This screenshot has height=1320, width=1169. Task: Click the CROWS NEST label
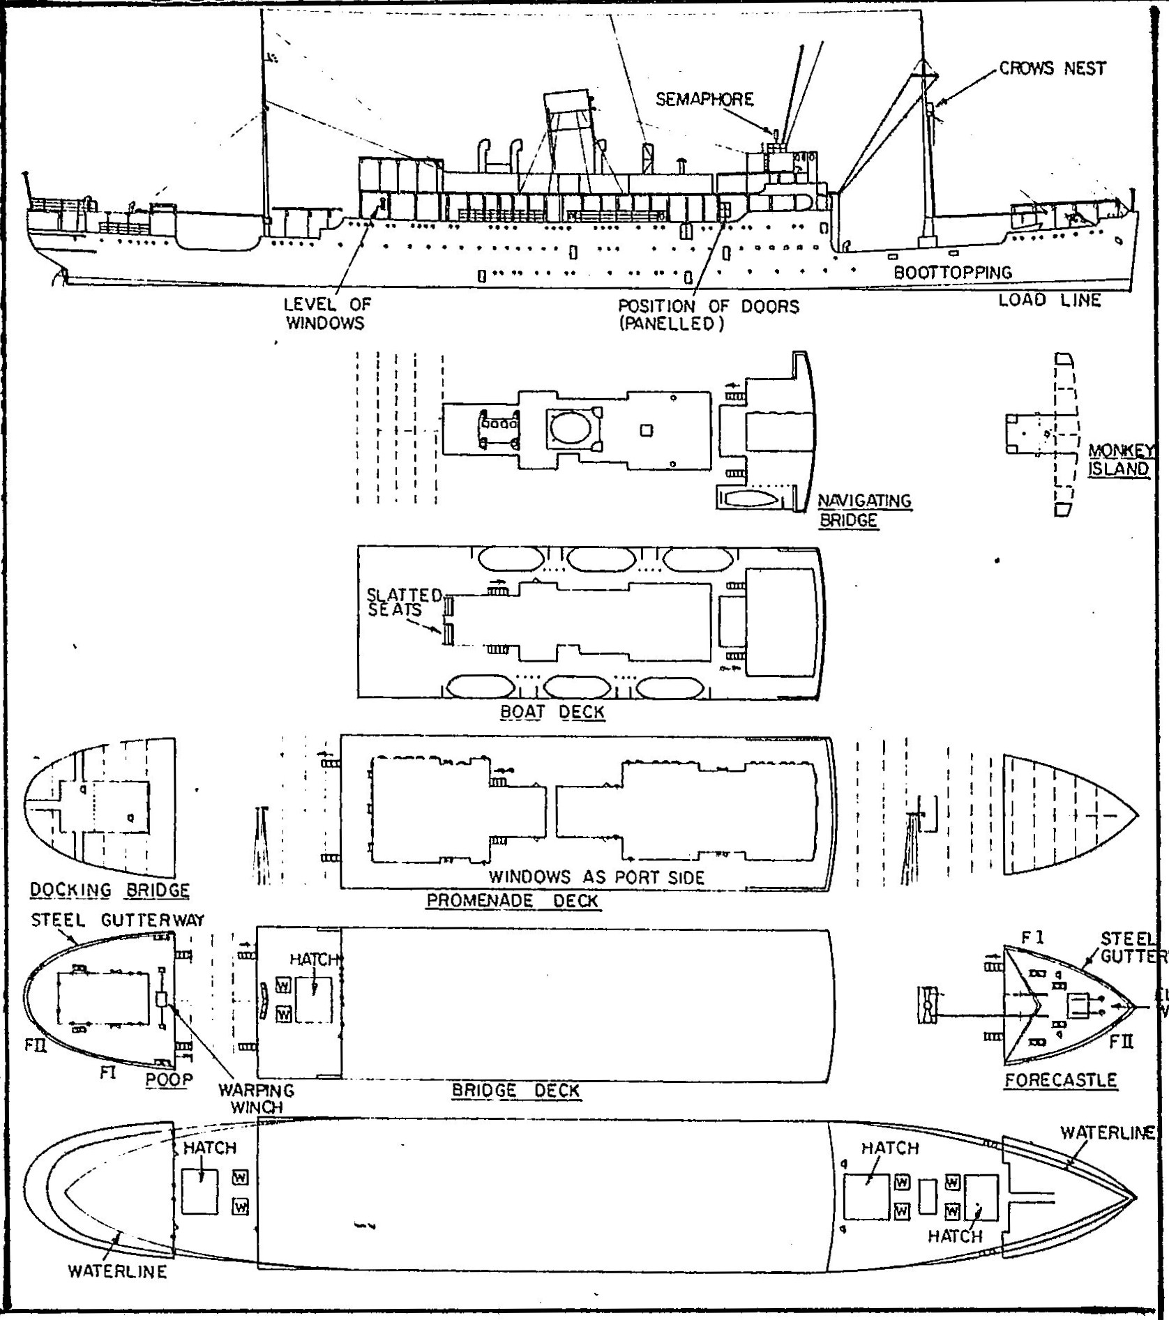1052,68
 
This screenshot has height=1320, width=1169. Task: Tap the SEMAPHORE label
704,100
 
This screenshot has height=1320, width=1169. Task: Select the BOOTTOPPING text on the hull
952,273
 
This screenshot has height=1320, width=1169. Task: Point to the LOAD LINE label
1049,301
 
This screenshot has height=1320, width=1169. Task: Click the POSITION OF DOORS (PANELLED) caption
708,315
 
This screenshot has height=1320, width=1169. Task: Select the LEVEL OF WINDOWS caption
326,314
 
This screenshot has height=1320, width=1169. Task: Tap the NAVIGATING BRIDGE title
863,510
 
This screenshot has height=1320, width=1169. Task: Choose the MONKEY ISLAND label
1118,460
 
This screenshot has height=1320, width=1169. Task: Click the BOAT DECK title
552,712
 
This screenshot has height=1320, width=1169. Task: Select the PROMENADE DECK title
512,900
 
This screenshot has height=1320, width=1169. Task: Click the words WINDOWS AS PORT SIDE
596,877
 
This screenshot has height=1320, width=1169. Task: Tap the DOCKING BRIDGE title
110,890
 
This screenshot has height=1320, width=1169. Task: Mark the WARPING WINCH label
256,1098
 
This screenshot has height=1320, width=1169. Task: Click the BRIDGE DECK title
515,1091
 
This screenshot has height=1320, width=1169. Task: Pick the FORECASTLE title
1060,1081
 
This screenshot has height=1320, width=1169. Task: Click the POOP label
169,1080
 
